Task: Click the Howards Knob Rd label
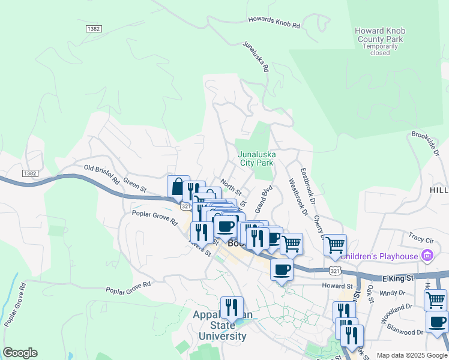pos(274,23)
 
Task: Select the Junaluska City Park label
pos(256,158)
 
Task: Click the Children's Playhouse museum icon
pos(427,256)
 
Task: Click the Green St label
pos(135,183)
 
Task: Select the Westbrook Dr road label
pos(298,197)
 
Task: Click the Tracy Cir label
pos(420,236)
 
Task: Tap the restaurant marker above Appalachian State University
pos(231,308)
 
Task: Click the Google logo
pos(20,353)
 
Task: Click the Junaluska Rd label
pos(255,56)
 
